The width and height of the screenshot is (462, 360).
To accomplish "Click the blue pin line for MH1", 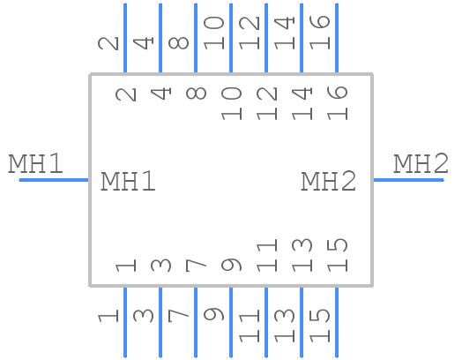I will (x=54, y=180).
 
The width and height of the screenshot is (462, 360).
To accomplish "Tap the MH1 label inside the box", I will (x=128, y=182).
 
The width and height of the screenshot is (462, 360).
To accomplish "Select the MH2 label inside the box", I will (x=329, y=182).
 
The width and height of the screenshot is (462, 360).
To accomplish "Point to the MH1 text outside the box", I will (x=35, y=164).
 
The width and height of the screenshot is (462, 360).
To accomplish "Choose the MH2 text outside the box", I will (x=421, y=164).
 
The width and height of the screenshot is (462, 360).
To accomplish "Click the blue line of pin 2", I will (x=125, y=38).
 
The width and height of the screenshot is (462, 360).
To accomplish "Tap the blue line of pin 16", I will (x=337, y=38).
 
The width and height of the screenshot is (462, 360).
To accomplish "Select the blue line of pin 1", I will (x=125, y=321).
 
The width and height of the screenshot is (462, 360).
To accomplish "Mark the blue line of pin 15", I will (x=337, y=321).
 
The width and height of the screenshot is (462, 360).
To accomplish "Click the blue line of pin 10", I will (x=231, y=38).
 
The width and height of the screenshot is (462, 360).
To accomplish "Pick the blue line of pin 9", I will (x=231, y=321).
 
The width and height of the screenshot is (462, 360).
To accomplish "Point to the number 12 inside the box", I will (x=266, y=102).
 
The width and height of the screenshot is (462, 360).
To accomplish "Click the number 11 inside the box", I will (x=266, y=256).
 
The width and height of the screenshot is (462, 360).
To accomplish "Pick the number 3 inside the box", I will (x=160, y=265).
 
